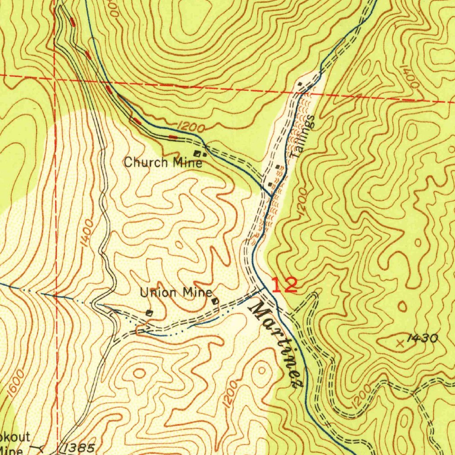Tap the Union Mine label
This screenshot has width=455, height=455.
pos(176,293)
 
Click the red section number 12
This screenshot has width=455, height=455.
pos(284,285)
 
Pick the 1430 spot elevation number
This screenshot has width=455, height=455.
pos(423,339)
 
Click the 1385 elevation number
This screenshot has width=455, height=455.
pos(79,448)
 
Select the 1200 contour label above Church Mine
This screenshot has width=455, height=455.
pos(190,128)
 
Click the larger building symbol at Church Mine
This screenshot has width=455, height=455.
pos(197,154)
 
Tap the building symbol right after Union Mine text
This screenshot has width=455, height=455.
pos(216,302)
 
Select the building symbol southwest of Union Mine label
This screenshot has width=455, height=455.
pos(149,313)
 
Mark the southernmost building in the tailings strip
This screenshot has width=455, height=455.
pos(271,184)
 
